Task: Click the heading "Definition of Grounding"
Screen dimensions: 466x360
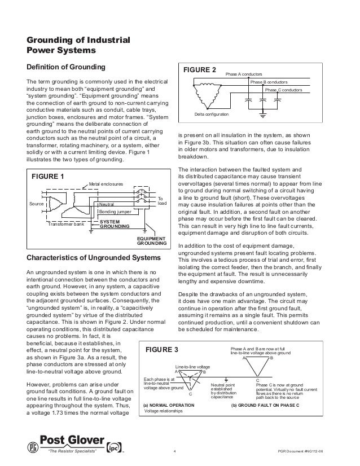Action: (66, 68)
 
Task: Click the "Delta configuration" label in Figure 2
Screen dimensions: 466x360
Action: (212, 115)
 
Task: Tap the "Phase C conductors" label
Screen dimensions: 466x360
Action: (283, 90)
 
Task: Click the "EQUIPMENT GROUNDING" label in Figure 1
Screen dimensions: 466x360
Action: (151, 241)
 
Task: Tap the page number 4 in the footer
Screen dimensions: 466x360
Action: (175, 451)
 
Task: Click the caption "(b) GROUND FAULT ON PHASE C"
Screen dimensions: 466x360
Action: (265, 406)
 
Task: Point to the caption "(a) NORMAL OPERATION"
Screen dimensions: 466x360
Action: (169, 406)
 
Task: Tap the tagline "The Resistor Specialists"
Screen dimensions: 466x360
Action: (72, 451)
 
